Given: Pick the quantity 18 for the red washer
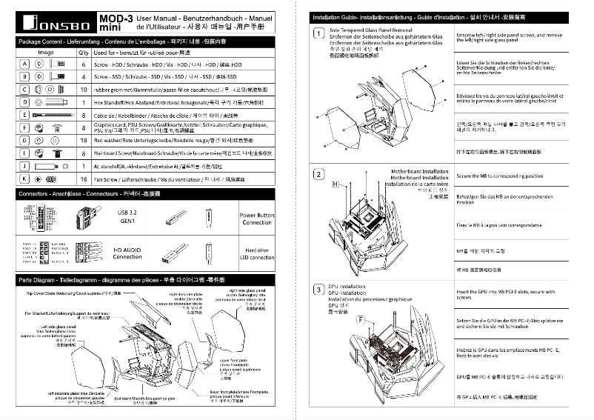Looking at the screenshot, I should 82,139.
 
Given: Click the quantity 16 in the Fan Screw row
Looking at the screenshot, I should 82,179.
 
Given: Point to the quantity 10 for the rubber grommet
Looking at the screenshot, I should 82,89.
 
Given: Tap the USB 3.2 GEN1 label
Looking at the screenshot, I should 127,216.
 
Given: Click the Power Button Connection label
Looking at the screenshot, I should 257,219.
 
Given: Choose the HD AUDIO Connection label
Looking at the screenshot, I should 127,253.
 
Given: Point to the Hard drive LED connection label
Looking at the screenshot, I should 257,254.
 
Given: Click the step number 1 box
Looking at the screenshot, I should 318,33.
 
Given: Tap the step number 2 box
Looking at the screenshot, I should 318,175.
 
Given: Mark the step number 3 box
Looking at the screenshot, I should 318,289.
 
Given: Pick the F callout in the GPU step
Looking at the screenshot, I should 360,319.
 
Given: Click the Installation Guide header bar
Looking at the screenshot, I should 444,16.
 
